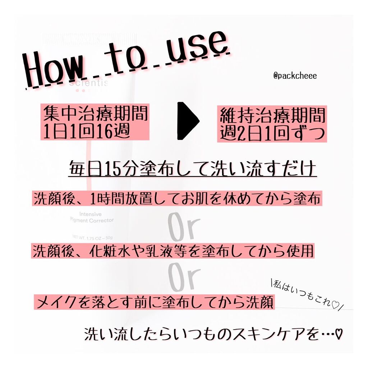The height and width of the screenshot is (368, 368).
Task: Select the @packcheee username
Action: click(295, 76)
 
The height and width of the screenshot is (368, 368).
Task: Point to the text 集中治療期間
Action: click(95, 114)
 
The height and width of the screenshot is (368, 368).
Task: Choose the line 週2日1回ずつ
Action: click(272, 133)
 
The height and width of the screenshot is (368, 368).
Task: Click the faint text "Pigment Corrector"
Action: click(92, 220)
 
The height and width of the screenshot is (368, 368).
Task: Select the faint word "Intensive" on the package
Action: click(80, 214)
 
